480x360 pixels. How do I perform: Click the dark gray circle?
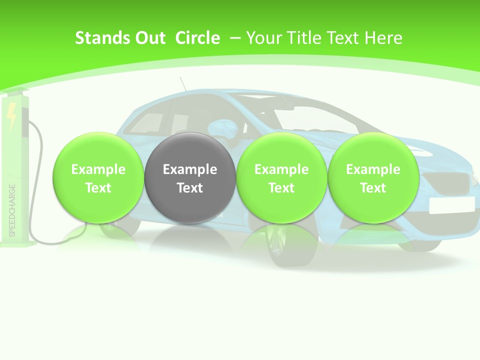(x=190, y=177)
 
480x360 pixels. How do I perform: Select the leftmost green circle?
(x=98, y=177)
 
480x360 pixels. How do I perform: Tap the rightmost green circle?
(x=373, y=177)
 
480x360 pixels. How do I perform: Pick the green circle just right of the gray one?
(x=281, y=177)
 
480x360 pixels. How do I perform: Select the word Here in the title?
(x=384, y=38)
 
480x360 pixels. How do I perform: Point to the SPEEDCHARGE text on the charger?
(x=12, y=210)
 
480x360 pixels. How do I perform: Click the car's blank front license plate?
(x=451, y=204)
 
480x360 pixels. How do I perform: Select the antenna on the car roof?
(x=183, y=84)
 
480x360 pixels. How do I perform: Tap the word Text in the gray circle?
(x=190, y=188)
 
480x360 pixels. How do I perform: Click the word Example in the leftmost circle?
(x=98, y=169)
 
